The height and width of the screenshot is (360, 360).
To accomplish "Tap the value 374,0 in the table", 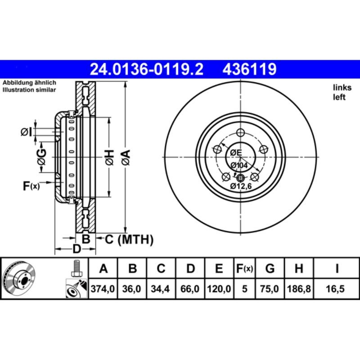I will [x=104, y=288].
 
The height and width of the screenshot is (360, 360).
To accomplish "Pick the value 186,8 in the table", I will [x=298, y=288].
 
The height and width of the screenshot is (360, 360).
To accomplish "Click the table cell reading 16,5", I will [x=336, y=288].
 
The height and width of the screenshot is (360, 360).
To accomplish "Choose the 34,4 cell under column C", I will [x=161, y=288].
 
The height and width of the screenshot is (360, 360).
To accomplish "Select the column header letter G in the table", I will [x=270, y=269].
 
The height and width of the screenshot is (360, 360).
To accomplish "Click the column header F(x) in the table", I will [x=245, y=269].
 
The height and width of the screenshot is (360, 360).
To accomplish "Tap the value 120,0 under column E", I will [x=219, y=288].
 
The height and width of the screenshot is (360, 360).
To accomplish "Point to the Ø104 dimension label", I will [x=240, y=165].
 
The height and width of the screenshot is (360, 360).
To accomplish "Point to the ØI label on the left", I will [x=27, y=132].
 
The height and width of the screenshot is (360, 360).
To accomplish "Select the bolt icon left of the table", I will [x=76, y=269].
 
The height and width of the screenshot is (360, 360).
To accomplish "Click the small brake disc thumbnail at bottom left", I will [x=18, y=279].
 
